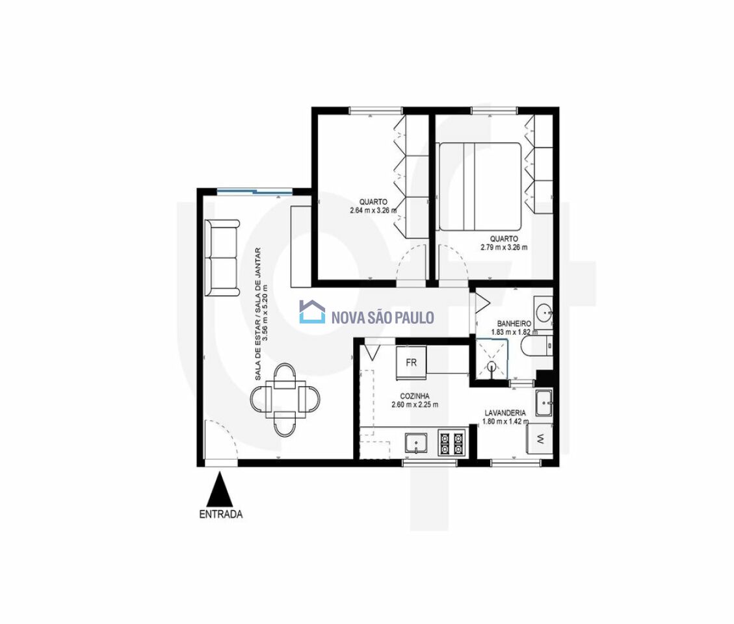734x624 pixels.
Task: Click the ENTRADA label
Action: tap(221, 514)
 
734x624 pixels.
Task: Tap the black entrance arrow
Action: tap(220, 489)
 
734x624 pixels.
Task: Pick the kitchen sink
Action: tap(416, 443)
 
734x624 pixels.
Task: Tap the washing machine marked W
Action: tap(540, 439)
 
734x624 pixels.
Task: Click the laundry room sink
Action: tap(544, 402)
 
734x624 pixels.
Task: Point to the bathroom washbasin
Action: tap(544, 312)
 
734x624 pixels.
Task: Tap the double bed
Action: tap(480, 187)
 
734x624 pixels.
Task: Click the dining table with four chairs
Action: tap(285, 399)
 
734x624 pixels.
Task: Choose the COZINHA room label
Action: tap(415, 396)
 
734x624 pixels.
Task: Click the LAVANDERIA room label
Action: tap(505, 413)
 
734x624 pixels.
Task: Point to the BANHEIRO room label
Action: tap(514, 324)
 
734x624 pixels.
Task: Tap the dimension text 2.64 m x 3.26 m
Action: tap(373, 210)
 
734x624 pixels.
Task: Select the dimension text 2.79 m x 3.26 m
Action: tap(504, 247)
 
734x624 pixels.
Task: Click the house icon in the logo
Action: tap(312, 311)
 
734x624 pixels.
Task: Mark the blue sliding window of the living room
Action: tap(255, 191)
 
